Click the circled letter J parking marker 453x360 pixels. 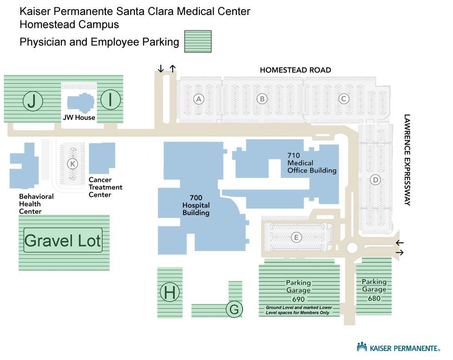click(32, 101)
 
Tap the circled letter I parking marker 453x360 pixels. click(110, 100)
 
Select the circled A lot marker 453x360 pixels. click(198, 99)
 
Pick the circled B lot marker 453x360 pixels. click(262, 99)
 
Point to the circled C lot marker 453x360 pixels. click(344, 99)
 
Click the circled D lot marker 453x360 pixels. click(375, 180)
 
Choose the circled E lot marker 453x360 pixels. click(296, 237)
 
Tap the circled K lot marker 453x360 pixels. click(72, 163)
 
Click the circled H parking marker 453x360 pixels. click(170, 292)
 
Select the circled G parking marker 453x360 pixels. click(234, 309)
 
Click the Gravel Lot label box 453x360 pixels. click(63, 240)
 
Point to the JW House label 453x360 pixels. click(79, 117)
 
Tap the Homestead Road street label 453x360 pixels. click(295, 70)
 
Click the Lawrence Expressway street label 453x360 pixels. click(407, 160)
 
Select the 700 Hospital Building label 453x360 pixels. click(196, 205)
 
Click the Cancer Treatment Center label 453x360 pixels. click(105, 187)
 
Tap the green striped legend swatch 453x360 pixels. click(198, 41)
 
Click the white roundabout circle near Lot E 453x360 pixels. click(352, 248)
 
